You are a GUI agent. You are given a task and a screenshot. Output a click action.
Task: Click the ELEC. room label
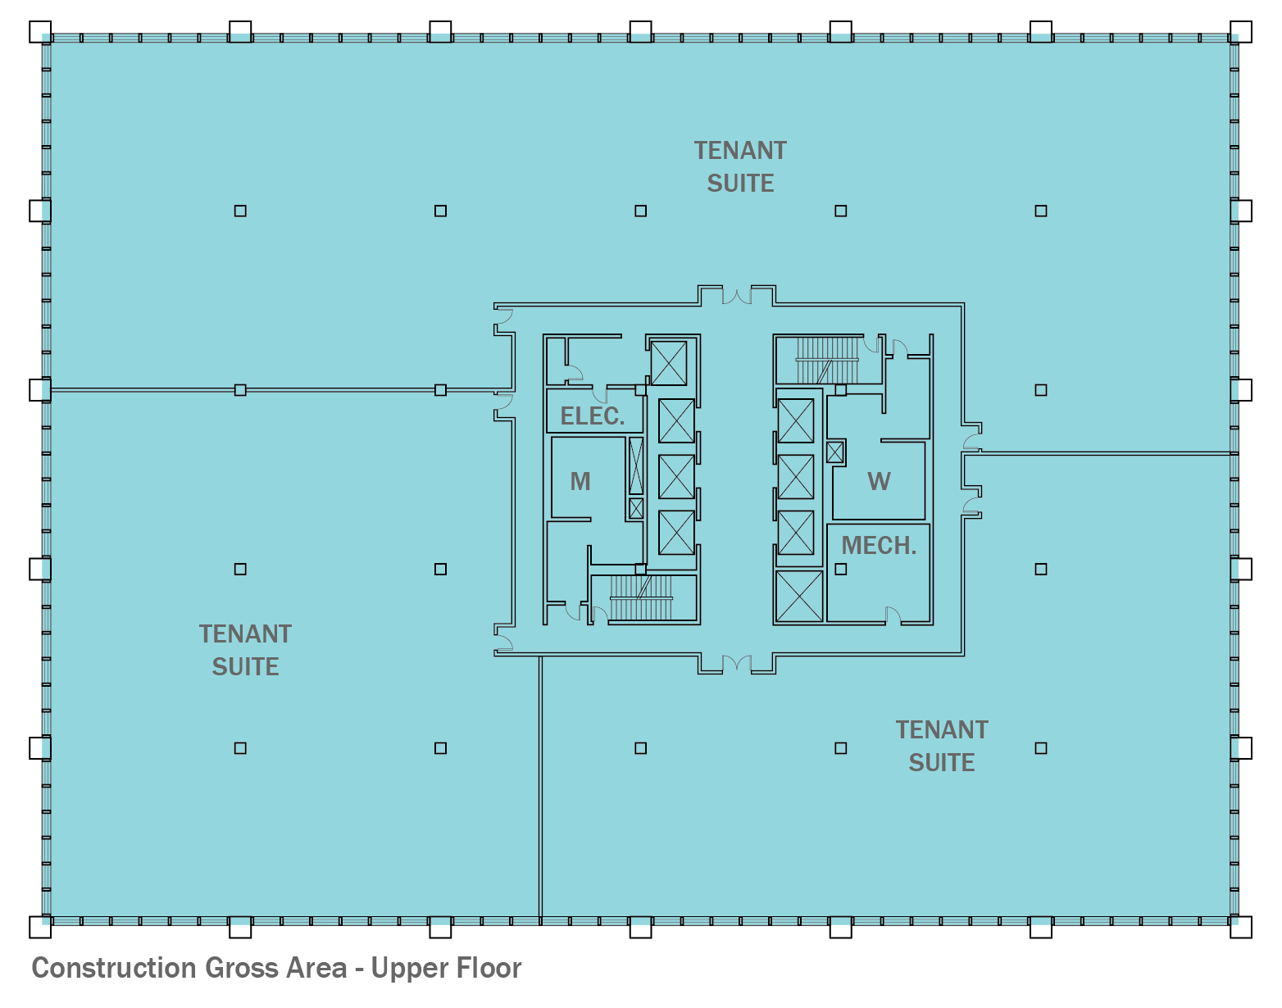point(592,415)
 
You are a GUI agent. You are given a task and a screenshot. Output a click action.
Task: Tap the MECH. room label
point(879,546)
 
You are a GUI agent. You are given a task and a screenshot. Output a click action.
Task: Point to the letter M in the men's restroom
point(580,481)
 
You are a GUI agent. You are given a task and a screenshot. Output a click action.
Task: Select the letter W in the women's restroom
point(880,481)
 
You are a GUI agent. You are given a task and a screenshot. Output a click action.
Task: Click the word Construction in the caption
point(114,968)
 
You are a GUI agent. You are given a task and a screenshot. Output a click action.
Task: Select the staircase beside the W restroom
point(827,361)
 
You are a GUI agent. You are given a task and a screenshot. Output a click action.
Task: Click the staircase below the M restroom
point(641,597)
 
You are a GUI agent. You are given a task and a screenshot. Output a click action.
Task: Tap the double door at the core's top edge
point(737,296)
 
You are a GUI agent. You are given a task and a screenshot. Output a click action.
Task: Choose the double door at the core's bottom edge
point(737,663)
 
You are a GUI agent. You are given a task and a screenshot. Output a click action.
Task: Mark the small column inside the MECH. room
point(840,569)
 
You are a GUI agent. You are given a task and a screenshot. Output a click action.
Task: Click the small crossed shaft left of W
point(834,452)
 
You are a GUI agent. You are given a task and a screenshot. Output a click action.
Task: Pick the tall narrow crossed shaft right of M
point(636,465)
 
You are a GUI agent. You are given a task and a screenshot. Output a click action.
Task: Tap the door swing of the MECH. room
point(893,615)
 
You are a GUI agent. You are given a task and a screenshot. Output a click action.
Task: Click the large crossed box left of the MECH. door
point(799,597)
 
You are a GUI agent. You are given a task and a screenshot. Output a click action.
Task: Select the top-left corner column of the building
point(40,32)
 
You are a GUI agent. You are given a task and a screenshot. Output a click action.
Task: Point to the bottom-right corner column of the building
point(1241,927)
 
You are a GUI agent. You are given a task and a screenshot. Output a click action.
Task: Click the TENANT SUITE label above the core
point(740,167)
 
